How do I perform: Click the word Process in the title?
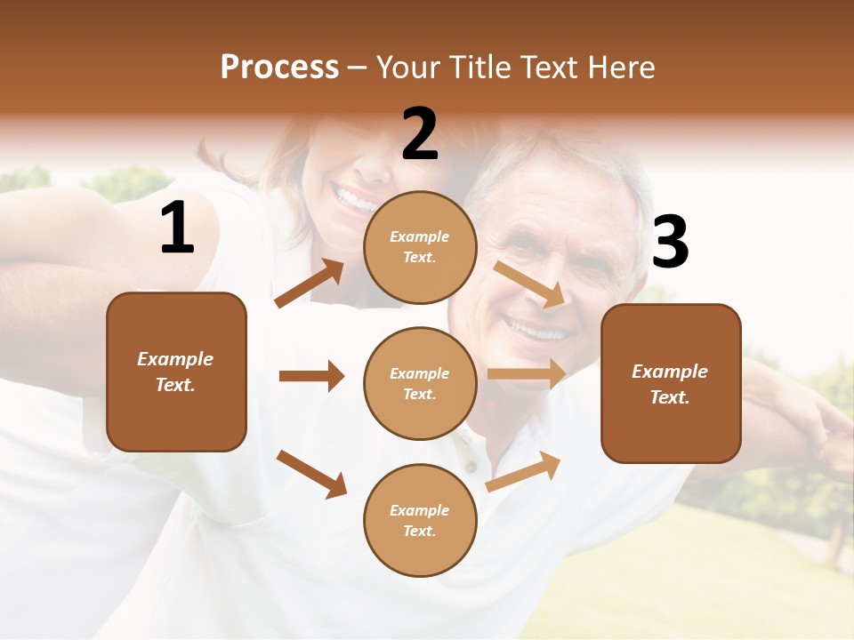pos(279,68)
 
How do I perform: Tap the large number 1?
pos(177,229)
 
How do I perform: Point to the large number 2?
pos(420,134)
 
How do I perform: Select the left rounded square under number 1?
pos(176,372)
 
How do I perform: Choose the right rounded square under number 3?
pos(671,383)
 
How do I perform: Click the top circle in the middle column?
pos(420,246)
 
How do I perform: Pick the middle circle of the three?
pos(420,383)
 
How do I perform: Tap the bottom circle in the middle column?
pos(420,520)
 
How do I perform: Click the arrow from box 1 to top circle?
pos(309,284)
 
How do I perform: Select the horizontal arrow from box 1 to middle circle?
pos(311,376)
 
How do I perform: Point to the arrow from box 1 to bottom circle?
pos(311,474)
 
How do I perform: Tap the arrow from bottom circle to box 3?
pos(524,471)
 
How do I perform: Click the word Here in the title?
pos(620,68)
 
